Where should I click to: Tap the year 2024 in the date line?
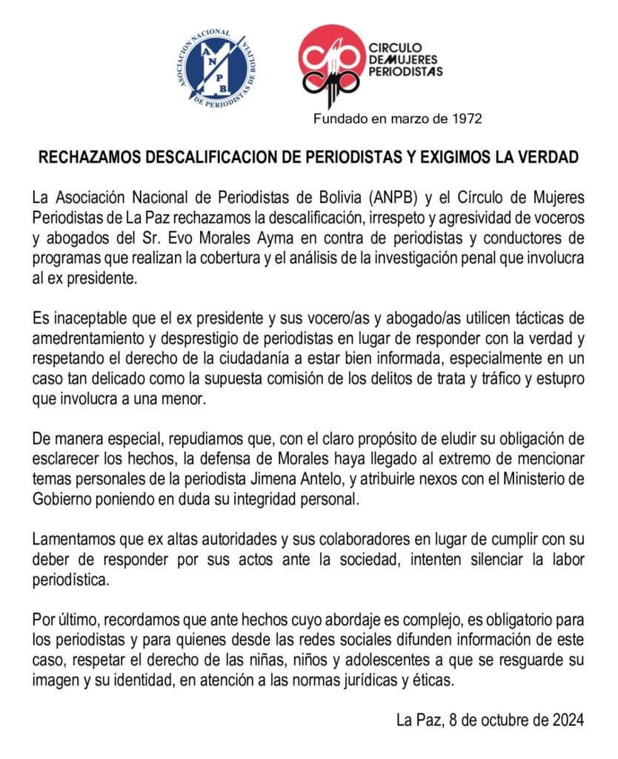pyautogui.click(x=568, y=718)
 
